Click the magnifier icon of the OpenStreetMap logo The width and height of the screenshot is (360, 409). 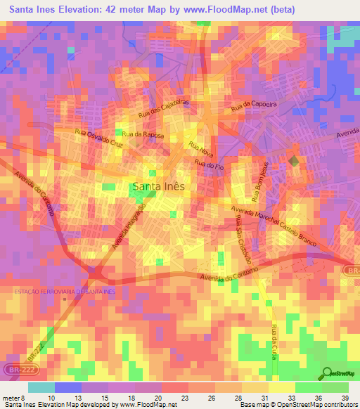[326, 373]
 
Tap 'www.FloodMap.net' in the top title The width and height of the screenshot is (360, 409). [224, 9]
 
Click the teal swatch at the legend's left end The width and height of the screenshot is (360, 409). [41, 387]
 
